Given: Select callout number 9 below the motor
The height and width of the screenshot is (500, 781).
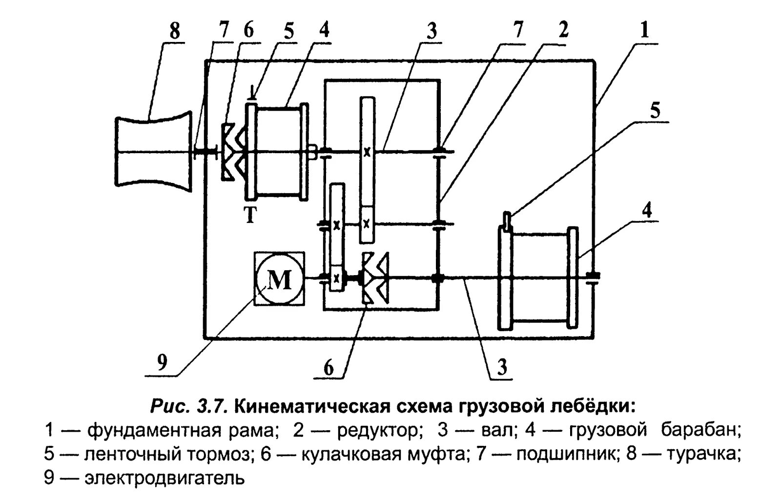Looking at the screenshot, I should click(162, 362).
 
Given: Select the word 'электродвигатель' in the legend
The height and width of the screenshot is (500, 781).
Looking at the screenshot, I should click(164, 478).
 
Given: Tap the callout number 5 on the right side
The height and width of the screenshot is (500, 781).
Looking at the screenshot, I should click(655, 111).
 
